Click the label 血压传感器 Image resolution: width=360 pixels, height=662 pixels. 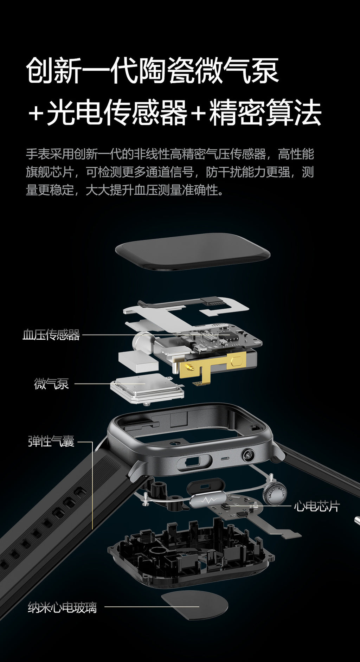click(51, 335)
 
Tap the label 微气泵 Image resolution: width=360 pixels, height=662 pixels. click(51, 384)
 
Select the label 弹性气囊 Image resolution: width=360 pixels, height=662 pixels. click(51, 441)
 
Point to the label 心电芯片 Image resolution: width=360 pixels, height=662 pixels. click(317, 507)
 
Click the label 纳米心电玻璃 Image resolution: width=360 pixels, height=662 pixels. click(62, 608)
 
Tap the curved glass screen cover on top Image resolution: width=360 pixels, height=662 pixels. click(192, 251)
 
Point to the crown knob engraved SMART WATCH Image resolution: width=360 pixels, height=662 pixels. click(275, 493)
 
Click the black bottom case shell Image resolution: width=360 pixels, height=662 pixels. click(190, 559)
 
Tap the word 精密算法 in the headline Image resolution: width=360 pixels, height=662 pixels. click(265, 113)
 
